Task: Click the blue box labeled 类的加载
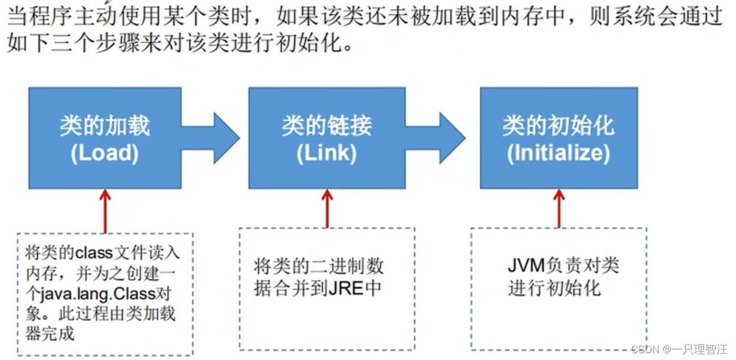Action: tap(105, 138)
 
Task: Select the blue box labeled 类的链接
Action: tap(327, 138)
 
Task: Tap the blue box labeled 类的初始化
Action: tap(558, 138)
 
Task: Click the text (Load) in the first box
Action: tap(105, 153)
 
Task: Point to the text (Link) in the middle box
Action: tap(327, 153)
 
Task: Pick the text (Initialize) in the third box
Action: tap(558, 153)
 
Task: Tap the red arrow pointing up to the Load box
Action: tap(105, 210)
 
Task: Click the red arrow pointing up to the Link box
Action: tap(327, 207)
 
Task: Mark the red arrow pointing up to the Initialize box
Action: tap(559, 207)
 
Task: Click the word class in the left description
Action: tap(95, 253)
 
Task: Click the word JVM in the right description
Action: tap(524, 265)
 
